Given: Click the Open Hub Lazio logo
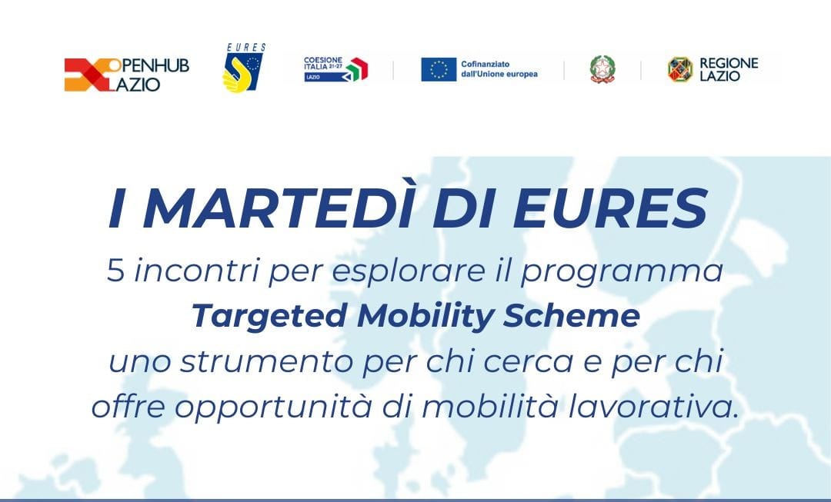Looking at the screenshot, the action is click(127, 75).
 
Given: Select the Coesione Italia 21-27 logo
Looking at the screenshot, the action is click(335, 69).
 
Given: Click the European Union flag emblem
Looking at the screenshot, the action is click(439, 69).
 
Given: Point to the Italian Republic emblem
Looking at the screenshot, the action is click(602, 69).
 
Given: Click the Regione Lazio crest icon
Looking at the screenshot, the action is click(680, 69).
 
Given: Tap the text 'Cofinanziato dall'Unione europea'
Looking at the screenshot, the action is click(499, 69).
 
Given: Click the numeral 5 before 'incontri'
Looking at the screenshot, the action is click(115, 271).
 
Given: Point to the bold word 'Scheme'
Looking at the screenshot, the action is click(572, 316).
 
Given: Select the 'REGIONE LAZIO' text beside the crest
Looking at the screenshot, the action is click(729, 70).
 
